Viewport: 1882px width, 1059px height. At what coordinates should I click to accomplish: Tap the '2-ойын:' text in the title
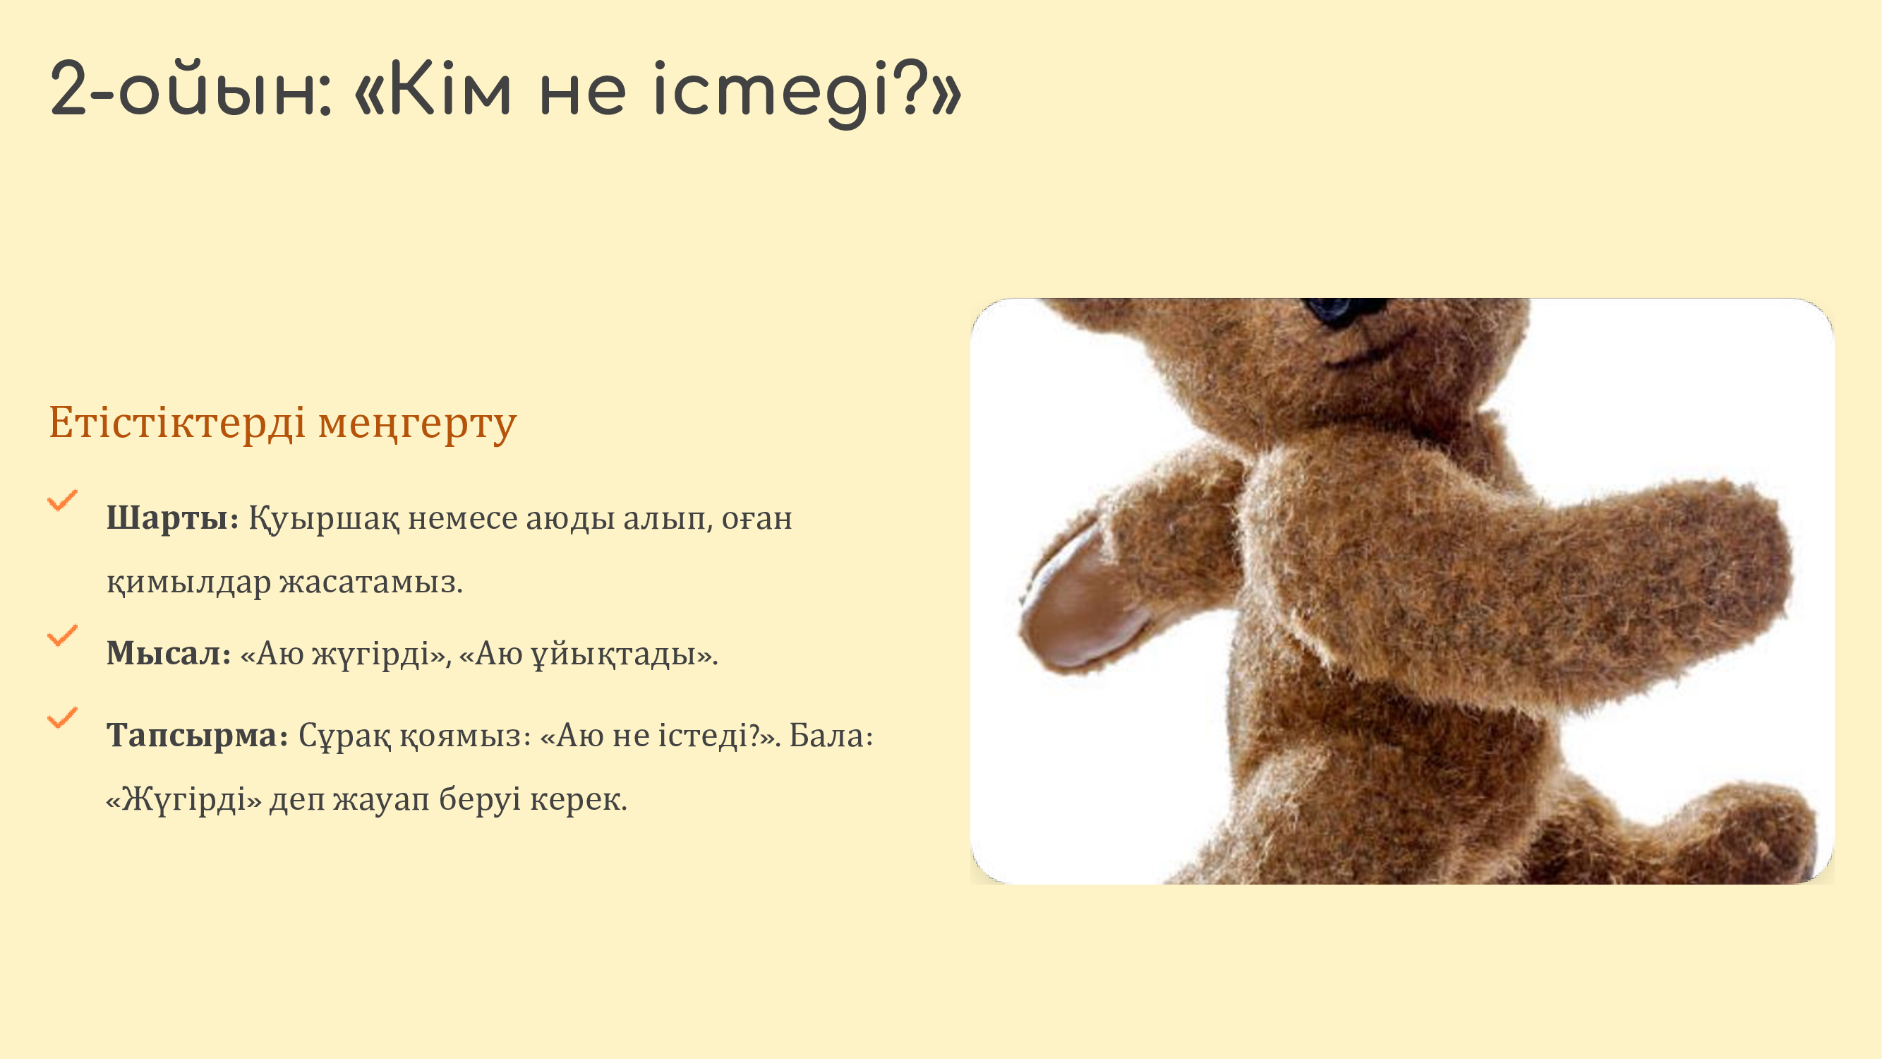point(191,90)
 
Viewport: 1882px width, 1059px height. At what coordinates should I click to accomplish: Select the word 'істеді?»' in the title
point(807,94)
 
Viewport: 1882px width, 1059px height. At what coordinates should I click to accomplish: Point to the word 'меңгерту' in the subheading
point(417,425)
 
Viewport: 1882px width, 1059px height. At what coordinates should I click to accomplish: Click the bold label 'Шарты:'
point(172,518)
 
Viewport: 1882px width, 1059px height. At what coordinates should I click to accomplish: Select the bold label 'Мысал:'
point(169,653)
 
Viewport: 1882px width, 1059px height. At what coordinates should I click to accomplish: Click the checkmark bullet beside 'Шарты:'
point(62,500)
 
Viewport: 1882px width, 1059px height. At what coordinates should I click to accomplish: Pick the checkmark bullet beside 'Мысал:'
point(62,635)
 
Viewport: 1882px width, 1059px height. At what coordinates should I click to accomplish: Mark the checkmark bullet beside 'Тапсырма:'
point(62,717)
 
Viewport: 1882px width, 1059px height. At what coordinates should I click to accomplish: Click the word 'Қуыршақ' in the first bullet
point(324,519)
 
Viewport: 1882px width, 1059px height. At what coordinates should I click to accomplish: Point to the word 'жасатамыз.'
point(371,582)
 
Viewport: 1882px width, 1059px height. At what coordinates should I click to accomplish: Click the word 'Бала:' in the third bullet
point(831,735)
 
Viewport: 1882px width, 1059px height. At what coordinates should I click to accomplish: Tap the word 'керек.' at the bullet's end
point(579,798)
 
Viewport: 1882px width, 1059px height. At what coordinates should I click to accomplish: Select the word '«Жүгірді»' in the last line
point(183,798)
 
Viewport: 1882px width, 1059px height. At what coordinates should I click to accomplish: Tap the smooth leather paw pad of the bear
point(1081,599)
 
